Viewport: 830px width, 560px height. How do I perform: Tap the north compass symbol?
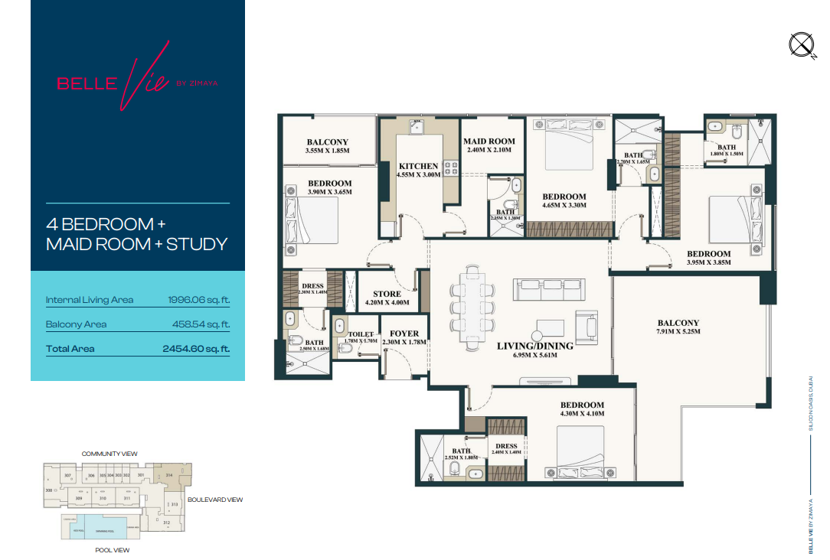point(802,47)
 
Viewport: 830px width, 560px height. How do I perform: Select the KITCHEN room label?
point(419,166)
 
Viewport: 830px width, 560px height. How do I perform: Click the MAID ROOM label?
point(489,142)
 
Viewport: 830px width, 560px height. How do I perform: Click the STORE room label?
point(387,294)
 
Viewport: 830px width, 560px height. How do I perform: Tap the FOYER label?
point(404,334)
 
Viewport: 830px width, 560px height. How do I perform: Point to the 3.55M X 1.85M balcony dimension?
point(328,151)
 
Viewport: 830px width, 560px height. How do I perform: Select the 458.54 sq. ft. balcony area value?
point(201,324)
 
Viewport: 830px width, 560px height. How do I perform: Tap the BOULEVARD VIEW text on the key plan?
point(214,500)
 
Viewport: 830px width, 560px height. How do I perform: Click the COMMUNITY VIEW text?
point(109,454)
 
